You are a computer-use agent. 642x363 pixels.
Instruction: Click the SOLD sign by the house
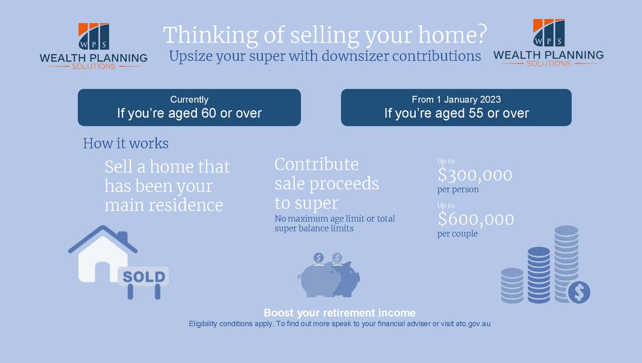(x=144, y=276)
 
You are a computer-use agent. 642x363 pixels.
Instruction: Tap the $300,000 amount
(x=475, y=175)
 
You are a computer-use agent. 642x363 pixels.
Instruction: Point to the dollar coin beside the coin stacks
(x=579, y=292)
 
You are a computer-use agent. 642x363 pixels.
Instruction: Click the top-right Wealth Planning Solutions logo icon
(x=548, y=33)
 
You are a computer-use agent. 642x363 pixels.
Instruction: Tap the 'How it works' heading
(x=126, y=144)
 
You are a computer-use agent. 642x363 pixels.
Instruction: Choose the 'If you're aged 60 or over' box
(x=189, y=107)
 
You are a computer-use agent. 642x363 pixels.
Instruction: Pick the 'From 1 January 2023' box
(x=456, y=107)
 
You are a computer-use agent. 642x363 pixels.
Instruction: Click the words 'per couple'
(x=457, y=234)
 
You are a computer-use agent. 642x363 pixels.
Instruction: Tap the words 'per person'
(x=458, y=189)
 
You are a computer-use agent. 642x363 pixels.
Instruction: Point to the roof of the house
(x=102, y=237)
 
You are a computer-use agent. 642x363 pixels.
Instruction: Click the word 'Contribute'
(x=317, y=164)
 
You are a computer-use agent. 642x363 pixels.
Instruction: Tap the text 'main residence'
(x=163, y=205)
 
